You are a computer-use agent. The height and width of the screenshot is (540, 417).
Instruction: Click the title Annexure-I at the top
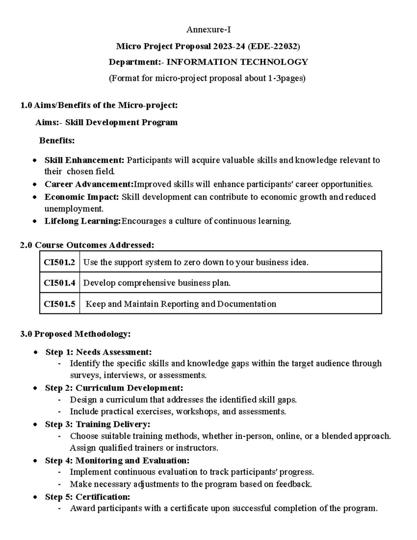point(208,30)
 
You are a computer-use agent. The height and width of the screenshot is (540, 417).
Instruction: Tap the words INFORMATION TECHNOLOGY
point(237,62)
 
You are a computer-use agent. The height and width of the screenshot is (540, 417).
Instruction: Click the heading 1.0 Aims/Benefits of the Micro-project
point(99,105)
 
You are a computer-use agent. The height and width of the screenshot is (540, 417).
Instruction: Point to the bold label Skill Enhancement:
point(84,160)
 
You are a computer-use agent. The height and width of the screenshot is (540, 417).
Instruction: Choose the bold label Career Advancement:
point(89,184)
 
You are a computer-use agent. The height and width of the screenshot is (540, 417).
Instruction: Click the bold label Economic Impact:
point(82,197)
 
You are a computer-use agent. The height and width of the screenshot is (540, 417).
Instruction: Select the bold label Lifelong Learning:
point(83,221)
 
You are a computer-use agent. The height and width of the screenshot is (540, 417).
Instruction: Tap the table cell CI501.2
point(59,262)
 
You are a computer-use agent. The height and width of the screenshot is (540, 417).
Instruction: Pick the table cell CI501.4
point(59,283)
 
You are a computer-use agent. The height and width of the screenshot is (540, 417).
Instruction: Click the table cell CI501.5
point(59,304)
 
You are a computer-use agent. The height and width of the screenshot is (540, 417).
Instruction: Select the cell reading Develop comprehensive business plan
point(157,283)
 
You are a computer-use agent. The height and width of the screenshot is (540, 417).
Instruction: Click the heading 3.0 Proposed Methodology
point(75,334)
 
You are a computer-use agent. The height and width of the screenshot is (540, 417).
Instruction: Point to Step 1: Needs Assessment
point(98,352)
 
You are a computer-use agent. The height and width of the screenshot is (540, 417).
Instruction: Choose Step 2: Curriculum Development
point(114,388)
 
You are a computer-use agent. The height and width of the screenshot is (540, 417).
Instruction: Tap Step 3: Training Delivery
point(97,424)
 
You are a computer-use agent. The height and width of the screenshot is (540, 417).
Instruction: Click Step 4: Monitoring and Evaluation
point(117,461)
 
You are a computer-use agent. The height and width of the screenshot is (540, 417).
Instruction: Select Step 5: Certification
point(87,497)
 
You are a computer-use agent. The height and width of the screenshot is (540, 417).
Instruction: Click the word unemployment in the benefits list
point(74,209)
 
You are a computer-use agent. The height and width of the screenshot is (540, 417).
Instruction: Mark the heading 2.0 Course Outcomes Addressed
point(87,245)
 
